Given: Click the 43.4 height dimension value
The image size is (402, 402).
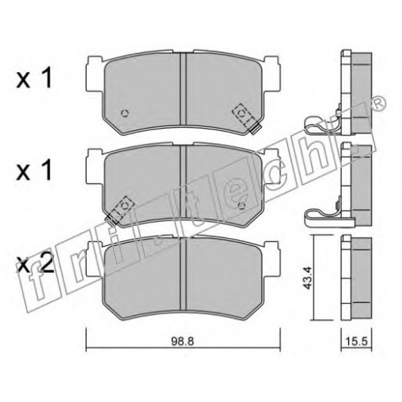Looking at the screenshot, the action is point(308,278).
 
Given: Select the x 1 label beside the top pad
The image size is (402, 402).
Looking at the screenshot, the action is point(34,79).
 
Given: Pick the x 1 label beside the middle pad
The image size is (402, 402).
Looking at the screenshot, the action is point(34,170).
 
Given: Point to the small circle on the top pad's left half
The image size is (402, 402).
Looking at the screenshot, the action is point(125,113).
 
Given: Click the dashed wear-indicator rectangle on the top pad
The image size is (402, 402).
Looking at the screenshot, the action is point(244,116).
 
